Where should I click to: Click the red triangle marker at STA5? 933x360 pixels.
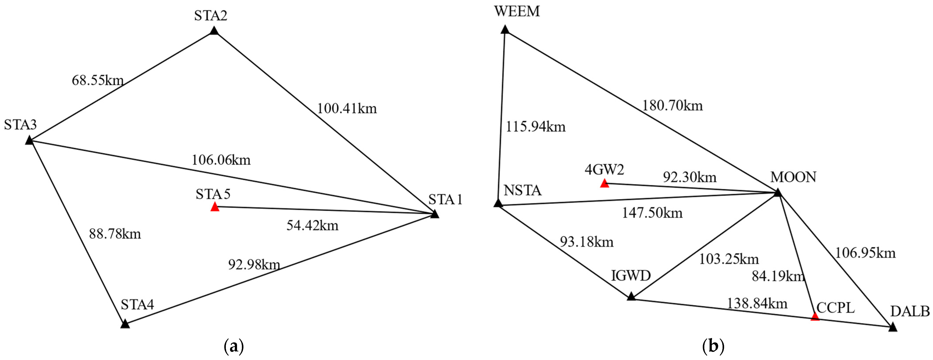pos(215,207)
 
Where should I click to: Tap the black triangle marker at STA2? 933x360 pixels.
pos(214,31)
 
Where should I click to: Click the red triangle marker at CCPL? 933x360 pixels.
pos(815,317)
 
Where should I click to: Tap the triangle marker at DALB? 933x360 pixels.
pos(893,327)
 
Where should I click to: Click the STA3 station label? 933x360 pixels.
pos(20,125)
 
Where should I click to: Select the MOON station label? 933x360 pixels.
pos(793,177)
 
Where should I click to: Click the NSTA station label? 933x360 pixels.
pos(522,190)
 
